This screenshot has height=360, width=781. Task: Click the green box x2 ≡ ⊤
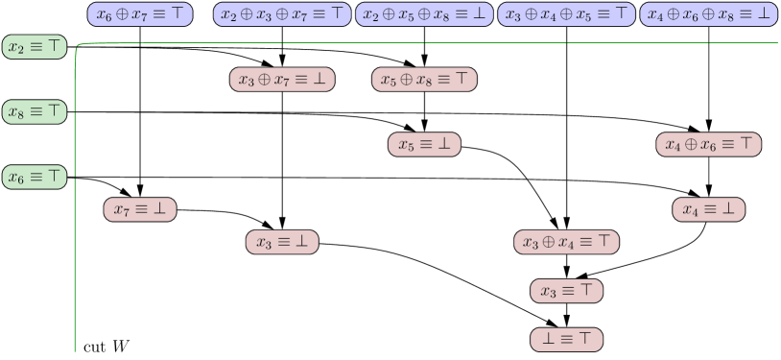click(x=35, y=47)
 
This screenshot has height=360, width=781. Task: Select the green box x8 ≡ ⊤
click(x=35, y=111)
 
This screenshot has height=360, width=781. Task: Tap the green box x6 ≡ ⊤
click(x=35, y=177)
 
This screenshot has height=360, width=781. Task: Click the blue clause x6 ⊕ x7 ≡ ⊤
click(x=140, y=13)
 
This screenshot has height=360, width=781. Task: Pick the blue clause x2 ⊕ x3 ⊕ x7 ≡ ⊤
click(x=282, y=13)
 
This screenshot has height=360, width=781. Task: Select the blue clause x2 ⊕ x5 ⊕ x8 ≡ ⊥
click(x=424, y=13)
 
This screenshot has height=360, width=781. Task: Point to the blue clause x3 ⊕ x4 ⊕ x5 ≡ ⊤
click(x=566, y=13)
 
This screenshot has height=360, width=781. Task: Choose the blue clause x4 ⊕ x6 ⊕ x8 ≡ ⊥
click(x=708, y=13)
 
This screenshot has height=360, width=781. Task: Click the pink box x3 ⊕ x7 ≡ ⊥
click(x=282, y=80)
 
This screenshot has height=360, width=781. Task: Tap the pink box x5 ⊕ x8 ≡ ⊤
click(x=424, y=80)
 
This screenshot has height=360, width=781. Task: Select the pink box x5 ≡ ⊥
click(x=424, y=144)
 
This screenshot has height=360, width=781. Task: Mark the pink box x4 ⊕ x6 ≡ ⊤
click(x=708, y=144)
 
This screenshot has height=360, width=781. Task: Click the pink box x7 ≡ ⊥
click(x=140, y=208)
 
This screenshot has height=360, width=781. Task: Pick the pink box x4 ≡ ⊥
click(x=708, y=208)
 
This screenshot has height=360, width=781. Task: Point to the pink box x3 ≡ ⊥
click(x=282, y=242)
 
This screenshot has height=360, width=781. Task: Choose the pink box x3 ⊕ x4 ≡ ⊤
click(x=566, y=242)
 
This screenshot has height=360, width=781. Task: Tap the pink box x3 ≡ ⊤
click(x=566, y=290)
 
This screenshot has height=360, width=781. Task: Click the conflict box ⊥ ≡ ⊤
click(x=566, y=338)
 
